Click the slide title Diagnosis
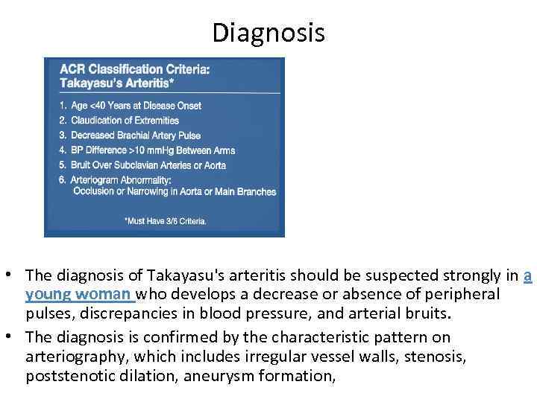pyautogui.click(x=268, y=33)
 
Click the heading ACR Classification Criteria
pyautogui.click(x=134, y=69)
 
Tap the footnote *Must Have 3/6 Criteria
pyautogui.click(x=166, y=221)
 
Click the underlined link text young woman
pyautogui.click(x=78, y=294)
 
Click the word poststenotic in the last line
pyautogui.click(x=64, y=376)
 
